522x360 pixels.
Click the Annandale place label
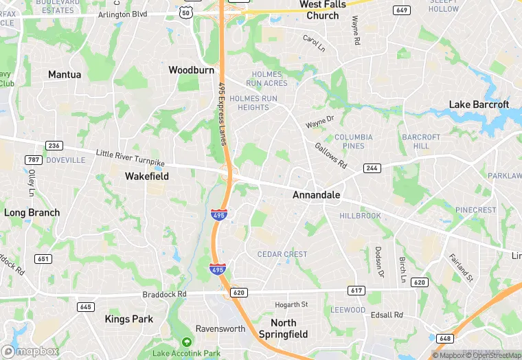[316, 195]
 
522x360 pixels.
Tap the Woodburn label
[191, 70]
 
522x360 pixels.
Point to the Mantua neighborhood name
[65, 74]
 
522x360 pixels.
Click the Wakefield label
[146, 176]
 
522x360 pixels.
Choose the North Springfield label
[283, 328]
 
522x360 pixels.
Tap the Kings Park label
[128, 319]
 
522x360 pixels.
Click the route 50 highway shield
[186, 13]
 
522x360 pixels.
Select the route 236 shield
[54, 145]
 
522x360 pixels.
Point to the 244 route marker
[372, 168]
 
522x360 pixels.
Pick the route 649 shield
[402, 10]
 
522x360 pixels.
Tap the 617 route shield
[356, 291]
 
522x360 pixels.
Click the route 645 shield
[86, 307]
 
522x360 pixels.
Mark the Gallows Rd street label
[330, 155]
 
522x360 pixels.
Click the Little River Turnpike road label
[130, 157]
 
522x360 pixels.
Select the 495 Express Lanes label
[222, 113]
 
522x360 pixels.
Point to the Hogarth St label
[291, 304]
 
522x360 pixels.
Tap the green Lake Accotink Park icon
[186, 342]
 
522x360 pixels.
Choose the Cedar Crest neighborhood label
[282, 254]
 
